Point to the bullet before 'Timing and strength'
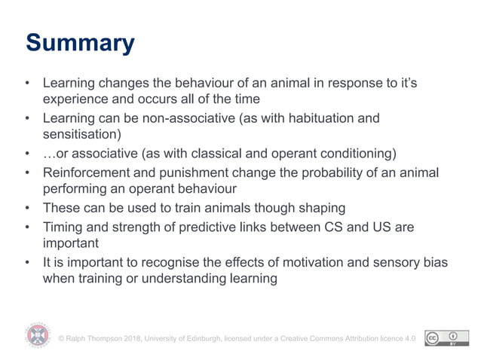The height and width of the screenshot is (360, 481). tap(28, 227)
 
